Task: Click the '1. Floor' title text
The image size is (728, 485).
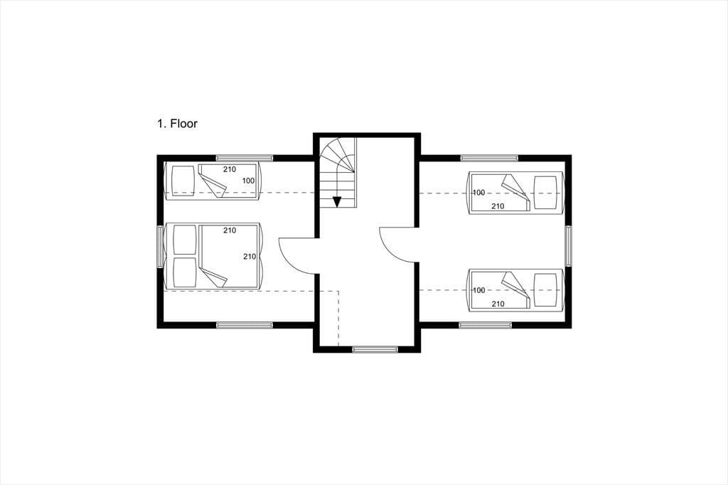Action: tap(177, 124)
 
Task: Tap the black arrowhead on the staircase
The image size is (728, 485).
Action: tap(337, 202)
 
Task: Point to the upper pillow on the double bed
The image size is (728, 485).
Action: tap(184, 240)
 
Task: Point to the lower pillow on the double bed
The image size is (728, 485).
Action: tap(184, 272)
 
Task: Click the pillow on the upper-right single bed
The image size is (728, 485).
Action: tap(545, 193)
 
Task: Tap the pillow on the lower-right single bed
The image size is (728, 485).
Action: tap(545, 290)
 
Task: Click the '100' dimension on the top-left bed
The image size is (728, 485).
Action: tap(248, 181)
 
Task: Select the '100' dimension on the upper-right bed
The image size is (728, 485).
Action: tap(478, 193)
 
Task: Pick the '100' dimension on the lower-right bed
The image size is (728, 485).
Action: tap(478, 290)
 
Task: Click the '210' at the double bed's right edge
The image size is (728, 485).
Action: tap(250, 257)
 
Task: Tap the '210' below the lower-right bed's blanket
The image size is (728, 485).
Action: tap(498, 304)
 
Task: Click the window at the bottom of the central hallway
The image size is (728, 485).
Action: tap(375, 349)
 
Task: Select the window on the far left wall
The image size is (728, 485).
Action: tap(160, 247)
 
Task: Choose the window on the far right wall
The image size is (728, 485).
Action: tap(568, 246)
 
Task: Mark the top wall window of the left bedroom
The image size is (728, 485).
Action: tap(245, 157)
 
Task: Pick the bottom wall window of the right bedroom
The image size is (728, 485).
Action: tap(485, 325)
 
